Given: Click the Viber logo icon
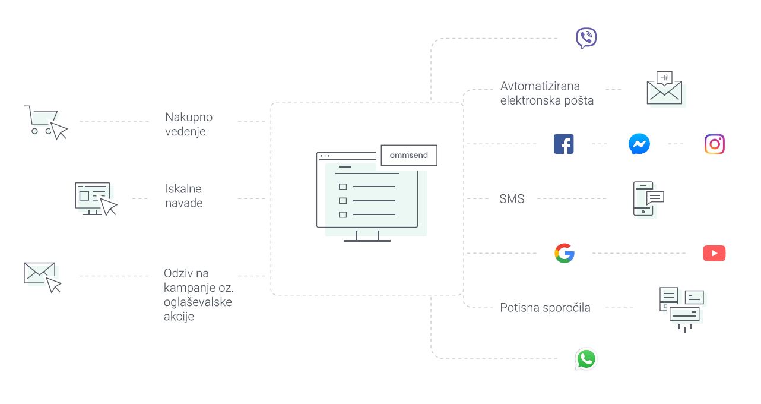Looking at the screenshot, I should tap(586, 38).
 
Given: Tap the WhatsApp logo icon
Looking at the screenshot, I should tap(585, 359).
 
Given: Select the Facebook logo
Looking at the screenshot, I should tap(563, 144).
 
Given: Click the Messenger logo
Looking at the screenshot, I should tap(639, 144).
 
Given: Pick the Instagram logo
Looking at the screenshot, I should tap(715, 144).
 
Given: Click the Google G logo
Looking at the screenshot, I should tap(565, 253).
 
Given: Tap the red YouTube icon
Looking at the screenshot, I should tap(714, 253).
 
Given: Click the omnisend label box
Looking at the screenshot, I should tap(409, 155).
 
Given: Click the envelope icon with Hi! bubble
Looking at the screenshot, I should tap(665, 89).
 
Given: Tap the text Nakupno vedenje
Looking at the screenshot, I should tap(189, 124).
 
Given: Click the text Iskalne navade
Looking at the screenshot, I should tap(183, 196).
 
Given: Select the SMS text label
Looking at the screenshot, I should tap(512, 199).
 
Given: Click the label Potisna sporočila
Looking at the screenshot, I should tap(545, 308).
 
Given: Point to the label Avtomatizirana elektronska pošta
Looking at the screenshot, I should tap(547, 93).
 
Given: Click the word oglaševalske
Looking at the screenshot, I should tap(198, 302).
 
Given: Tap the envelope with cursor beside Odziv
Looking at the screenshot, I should tap(42, 276).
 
